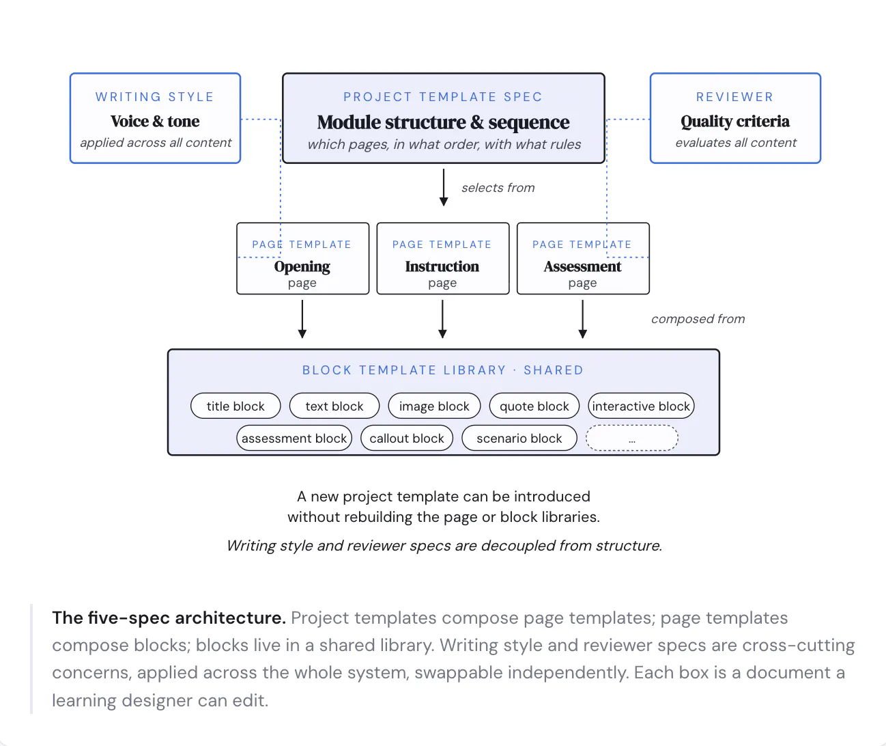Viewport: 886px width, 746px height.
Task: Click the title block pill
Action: [x=235, y=406]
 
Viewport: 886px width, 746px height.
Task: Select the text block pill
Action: [x=334, y=406]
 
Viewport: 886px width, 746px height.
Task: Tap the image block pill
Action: [x=434, y=406]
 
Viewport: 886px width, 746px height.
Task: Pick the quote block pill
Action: [x=534, y=406]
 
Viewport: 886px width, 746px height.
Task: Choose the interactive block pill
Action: [x=641, y=406]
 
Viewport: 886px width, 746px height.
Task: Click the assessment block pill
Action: [x=294, y=438]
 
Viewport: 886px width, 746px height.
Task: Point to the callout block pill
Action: [x=407, y=438]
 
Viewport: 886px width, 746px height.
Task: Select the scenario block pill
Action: [x=519, y=438]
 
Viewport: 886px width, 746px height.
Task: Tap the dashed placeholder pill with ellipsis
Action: [x=632, y=438]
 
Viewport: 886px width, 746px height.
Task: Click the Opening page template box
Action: [x=302, y=258]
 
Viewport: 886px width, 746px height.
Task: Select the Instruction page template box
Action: [x=442, y=258]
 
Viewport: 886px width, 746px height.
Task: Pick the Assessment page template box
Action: [x=583, y=258]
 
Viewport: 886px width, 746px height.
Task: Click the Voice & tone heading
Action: [x=155, y=122]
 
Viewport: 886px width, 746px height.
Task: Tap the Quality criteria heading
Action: [x=735, y=122]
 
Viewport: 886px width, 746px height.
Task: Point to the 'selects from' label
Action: [x=498, y=188]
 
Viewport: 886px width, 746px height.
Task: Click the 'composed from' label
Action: [x=698, y=318]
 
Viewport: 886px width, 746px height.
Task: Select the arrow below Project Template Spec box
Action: [x=444, y=187]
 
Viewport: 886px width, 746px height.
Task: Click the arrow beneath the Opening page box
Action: [x=302, y=319]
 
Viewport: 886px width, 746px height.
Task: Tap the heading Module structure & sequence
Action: [x=444, y=122]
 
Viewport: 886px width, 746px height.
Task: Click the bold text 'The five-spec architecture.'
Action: [x=169, y=618]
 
